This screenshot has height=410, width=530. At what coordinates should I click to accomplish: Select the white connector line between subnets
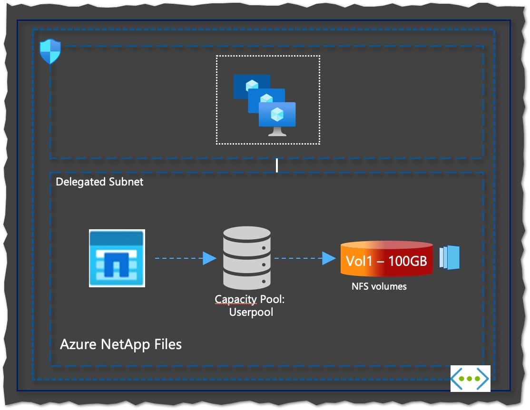pos(276,166)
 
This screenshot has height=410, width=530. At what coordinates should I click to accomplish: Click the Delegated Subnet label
pos(99,182)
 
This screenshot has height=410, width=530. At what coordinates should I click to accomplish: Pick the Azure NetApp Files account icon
pos(117,258)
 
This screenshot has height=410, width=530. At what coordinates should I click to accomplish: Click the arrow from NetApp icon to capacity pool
pos(186,258)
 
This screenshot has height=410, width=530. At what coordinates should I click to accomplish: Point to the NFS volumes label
pos(379,286)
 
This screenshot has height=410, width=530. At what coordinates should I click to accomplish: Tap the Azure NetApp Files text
pos(121,344)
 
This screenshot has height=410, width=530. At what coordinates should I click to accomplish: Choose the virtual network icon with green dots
pos(470,379)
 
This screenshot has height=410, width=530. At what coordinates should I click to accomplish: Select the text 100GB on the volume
pos(408,261)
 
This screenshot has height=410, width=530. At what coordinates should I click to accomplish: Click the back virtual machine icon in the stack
pos(252,86)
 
